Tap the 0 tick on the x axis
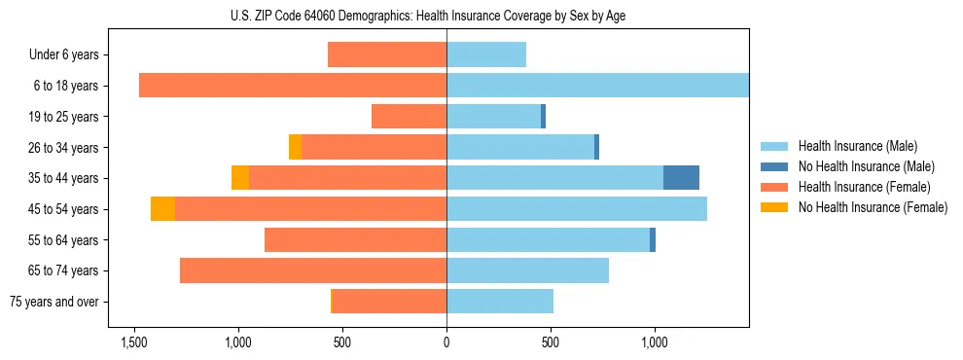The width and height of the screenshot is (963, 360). point(446,342)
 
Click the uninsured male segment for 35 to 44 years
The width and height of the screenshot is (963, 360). point(681,178)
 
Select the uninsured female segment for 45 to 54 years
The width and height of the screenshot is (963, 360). point(162,209)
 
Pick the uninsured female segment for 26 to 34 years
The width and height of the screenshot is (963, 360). point(295,147)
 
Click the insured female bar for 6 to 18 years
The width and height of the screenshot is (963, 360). point(292,86)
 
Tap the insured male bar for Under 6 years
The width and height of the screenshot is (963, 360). point(486,54)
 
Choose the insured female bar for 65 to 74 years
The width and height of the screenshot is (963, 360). point(313,270)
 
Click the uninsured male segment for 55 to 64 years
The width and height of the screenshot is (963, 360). point(653,239)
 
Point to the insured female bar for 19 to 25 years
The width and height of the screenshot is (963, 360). point(409,117)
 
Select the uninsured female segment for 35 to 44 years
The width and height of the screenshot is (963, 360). point(240,178)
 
